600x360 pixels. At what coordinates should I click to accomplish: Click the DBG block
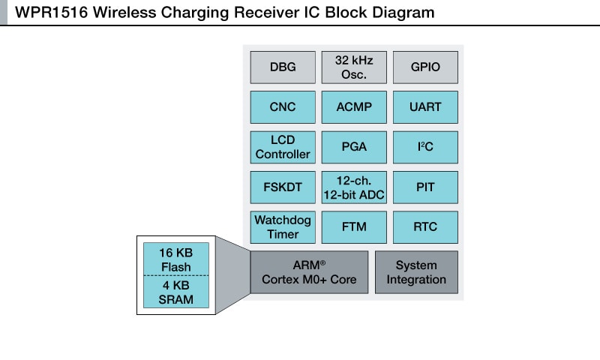283,67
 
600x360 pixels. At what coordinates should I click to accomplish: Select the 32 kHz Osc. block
354,67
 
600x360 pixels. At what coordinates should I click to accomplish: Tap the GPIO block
425,67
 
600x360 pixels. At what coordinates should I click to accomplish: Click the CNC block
283,107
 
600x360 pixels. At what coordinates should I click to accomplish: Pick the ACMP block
354,107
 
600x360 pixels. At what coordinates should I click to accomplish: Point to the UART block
425,107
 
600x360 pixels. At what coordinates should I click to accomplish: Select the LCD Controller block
283,147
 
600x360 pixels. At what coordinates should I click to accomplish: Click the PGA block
354,147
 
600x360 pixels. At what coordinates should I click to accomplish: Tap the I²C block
425,147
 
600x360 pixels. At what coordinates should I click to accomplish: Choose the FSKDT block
283,187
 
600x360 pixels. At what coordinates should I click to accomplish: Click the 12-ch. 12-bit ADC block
354,187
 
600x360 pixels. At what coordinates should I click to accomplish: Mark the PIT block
425,187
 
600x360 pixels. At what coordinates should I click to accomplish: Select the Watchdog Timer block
283,227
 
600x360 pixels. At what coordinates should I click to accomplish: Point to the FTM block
354,227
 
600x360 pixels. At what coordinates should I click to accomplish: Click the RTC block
425,227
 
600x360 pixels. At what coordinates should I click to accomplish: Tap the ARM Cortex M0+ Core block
309,272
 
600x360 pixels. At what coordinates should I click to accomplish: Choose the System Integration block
416,272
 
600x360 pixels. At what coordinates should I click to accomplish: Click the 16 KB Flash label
175,259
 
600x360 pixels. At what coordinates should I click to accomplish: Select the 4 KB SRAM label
175,292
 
